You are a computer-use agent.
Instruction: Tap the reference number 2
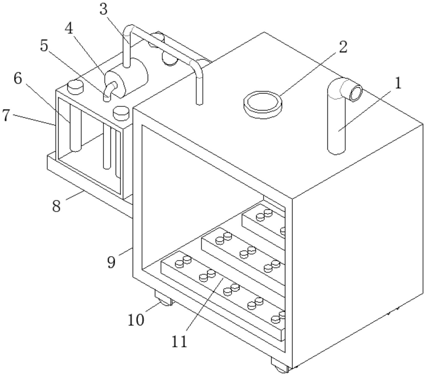(343, 47)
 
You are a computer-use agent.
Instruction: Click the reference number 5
(44, 45)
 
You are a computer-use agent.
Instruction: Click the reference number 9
(111, 262)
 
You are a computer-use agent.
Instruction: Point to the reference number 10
(136, 320)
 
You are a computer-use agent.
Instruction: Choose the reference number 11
(179, 341)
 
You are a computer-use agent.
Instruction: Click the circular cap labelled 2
(263, 105)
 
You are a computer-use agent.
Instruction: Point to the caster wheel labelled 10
(164, 299)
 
